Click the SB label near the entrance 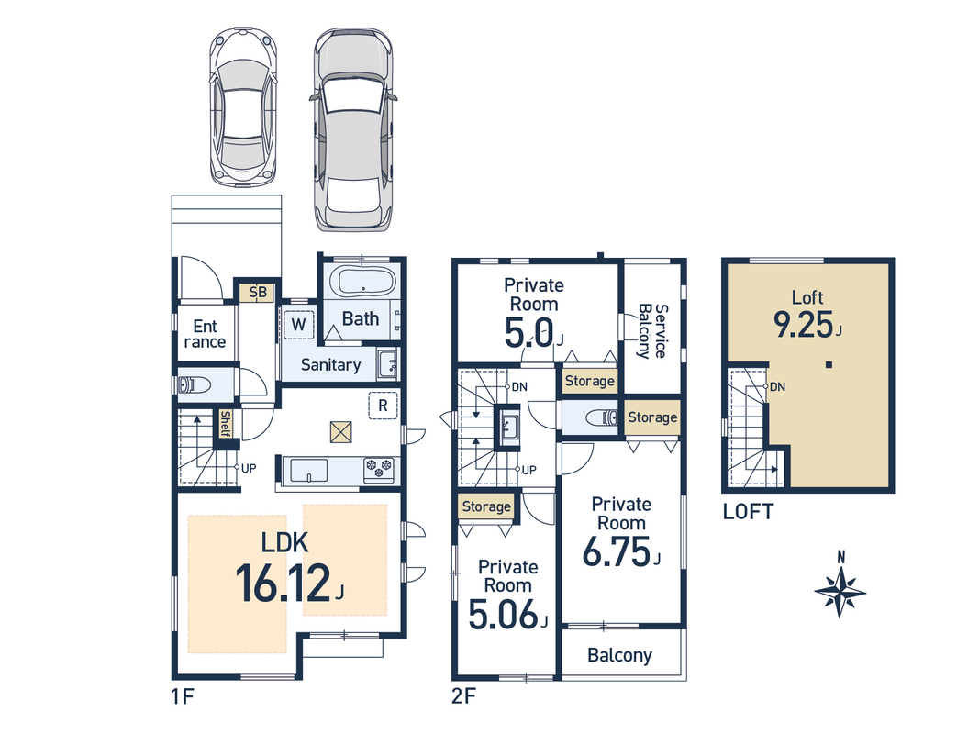258,292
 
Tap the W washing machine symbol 298,324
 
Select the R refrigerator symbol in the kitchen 383,406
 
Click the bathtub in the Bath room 364,282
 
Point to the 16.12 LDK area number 284,583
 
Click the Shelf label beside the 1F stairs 225,424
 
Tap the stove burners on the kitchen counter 379,470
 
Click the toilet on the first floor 194,384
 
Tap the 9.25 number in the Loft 804,325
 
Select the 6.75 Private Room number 617,551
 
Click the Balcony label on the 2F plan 620,655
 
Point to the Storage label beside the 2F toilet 652,417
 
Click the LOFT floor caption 748,513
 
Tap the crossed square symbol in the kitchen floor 341,432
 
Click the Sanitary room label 331,365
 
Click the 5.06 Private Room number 503,614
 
